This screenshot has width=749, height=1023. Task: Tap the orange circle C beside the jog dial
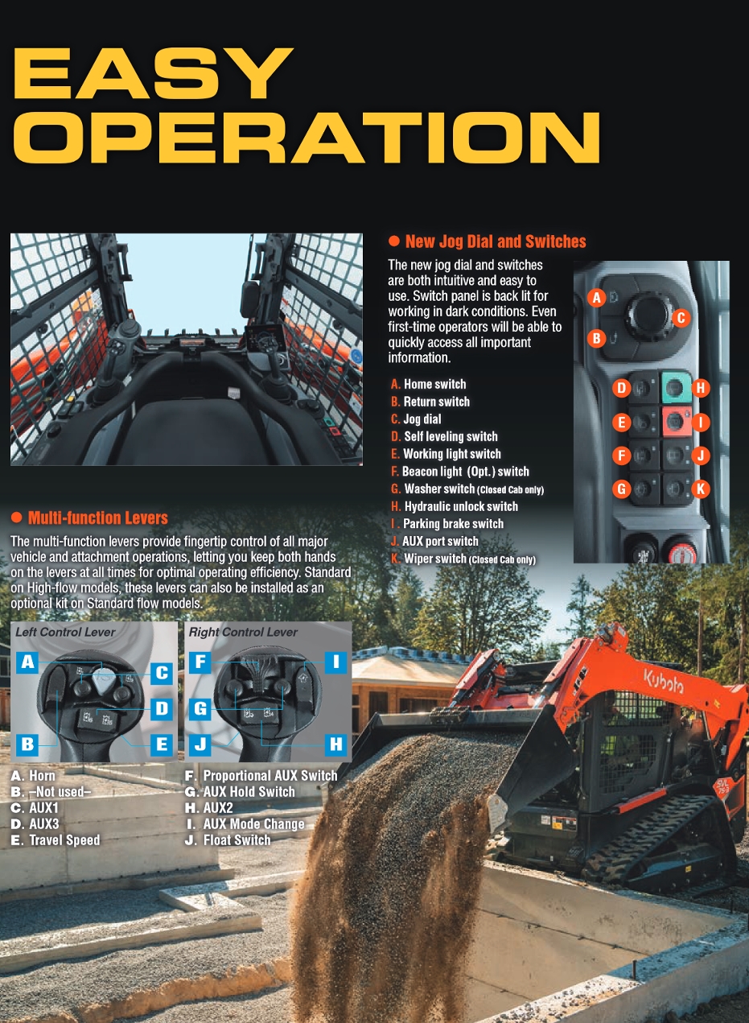681,318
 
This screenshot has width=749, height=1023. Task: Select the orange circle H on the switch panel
700,388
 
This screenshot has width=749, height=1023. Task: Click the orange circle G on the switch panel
621,489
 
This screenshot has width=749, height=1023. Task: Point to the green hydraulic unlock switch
676,388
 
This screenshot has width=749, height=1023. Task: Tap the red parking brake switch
676,421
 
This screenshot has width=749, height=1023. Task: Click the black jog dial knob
648,315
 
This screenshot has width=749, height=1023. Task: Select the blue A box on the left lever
28,662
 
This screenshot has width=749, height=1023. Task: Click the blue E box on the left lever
162,745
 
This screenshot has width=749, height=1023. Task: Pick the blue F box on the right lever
200,662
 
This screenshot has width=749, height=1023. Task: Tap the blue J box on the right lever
200,745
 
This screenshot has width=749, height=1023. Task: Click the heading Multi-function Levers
97,518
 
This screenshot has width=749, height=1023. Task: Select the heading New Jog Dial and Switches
496,241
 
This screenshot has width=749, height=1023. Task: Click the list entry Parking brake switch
453,524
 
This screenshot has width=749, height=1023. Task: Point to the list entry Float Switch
237,839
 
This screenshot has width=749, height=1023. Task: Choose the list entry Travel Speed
64,839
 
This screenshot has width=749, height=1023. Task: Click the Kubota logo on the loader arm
664,681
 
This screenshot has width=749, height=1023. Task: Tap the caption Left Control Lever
65,632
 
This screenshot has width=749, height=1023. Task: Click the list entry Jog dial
422,419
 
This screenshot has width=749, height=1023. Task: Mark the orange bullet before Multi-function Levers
16,518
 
